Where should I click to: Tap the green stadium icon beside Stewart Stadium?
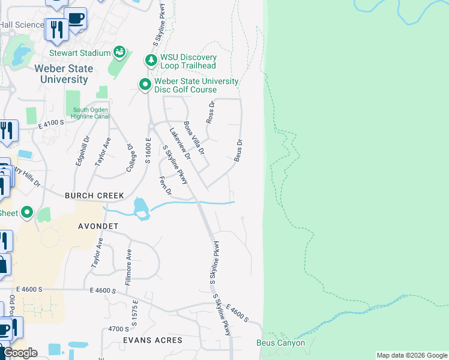coord(120,53)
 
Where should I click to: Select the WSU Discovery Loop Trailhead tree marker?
coord(150,61)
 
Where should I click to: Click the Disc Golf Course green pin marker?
coord(145,85)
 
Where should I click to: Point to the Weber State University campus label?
coord(63,74)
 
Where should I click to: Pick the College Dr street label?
coord(129,157)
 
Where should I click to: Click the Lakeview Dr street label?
coord(179,143)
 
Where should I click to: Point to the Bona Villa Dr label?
coord(194,137)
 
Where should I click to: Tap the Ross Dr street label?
coord(211,112)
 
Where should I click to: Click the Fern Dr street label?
coord(166,185)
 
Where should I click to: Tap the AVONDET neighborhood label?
coord(100,226)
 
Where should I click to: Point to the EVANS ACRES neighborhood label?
coord(152,340)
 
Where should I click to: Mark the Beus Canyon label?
coord(280,343)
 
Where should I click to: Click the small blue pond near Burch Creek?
coord(141,208)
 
